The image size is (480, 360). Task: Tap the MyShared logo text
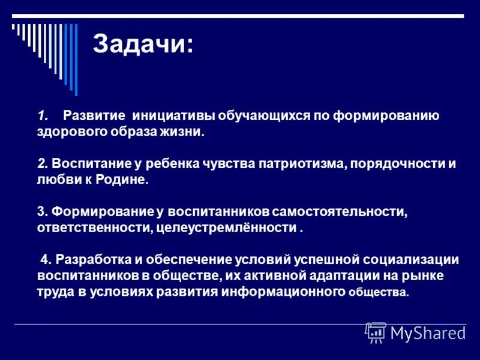(x=428, y=332)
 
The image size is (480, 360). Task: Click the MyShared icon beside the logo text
(x=376, y=332)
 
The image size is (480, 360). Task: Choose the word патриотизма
(x=300, y=164)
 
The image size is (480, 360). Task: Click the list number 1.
(x=41, y=115)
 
